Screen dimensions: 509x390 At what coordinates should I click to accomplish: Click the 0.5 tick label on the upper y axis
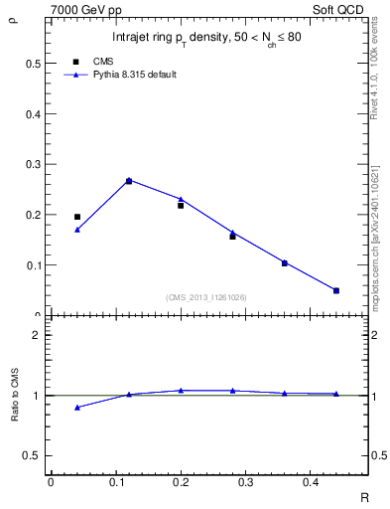32,63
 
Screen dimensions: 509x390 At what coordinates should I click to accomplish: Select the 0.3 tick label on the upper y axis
32,164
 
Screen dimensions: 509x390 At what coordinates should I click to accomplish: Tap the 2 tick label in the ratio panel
36,335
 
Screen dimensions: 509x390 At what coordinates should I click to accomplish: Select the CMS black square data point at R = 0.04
77,217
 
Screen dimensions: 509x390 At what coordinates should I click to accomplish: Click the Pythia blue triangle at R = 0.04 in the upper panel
77,230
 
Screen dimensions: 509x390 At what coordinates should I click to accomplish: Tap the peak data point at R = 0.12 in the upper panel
129,181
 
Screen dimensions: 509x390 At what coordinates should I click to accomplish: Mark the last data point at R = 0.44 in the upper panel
336,290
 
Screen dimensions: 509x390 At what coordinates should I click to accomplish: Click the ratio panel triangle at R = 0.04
77,408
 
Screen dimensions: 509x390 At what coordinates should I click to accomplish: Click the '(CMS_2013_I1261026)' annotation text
206,297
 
